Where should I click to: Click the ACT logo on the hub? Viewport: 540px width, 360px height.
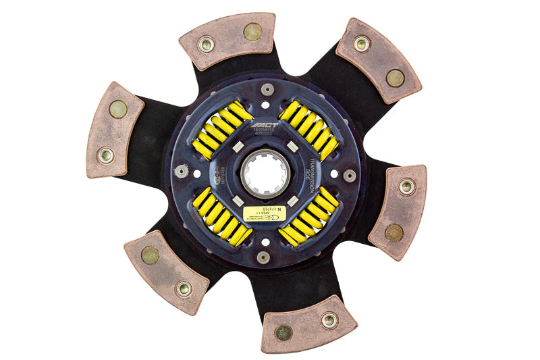[265, 126]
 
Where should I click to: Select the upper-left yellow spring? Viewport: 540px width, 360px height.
[221, 130]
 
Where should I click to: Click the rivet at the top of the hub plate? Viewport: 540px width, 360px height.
[268, 89]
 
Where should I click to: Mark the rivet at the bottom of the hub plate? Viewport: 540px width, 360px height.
[264, 257]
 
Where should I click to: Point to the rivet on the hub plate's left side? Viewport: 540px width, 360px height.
[180, 171]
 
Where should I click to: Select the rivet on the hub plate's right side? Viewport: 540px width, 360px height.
[349, 176]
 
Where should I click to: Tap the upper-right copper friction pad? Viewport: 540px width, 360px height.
[378, 60]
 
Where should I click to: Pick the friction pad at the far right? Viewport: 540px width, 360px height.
[398, 210]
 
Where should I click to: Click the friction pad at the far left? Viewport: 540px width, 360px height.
[114, 130]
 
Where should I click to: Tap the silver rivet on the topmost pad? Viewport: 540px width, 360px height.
[206, 45]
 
